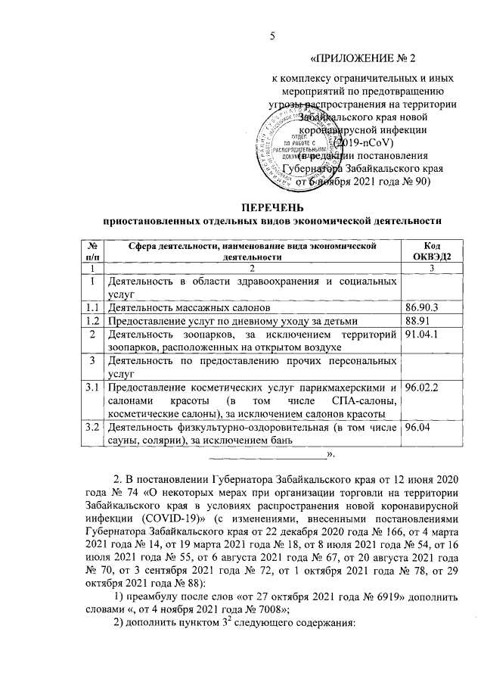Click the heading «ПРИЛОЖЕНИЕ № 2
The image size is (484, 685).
pos(365,59)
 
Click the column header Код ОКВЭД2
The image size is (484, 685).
pos(429,251)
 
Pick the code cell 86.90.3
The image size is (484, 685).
pos(423,309)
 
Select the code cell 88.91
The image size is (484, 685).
pos(417,322)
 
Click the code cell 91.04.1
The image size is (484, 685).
pos(423,335)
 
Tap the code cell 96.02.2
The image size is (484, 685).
pos(423,388)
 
